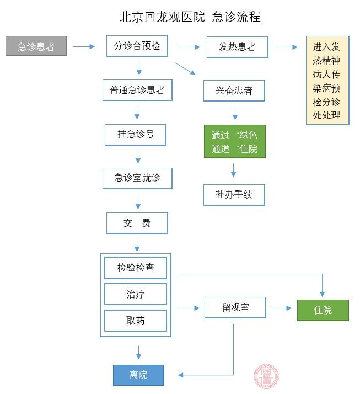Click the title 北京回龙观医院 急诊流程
click(190, 17)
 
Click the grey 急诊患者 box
click(36, 47)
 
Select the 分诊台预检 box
click(137, 46)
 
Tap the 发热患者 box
click(237, 47)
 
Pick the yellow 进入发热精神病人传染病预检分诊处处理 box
click(327, 81)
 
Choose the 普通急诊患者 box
click(137, 90)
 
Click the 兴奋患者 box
click(234, 90)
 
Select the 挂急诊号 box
click(135, 135)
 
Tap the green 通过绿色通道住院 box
click(234, 142)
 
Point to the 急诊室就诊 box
click(137, 178)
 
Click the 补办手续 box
click(234, 195)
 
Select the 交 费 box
click(137, 223)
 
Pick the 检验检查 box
click(135, 268)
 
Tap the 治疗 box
click(135, 294)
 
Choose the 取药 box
click(135, 321)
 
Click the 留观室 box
click(235, 307)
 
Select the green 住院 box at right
click(323, 310)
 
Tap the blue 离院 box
click(138, 375)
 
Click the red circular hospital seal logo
click(266, 377)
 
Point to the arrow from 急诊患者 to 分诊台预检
click(84, 47)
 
